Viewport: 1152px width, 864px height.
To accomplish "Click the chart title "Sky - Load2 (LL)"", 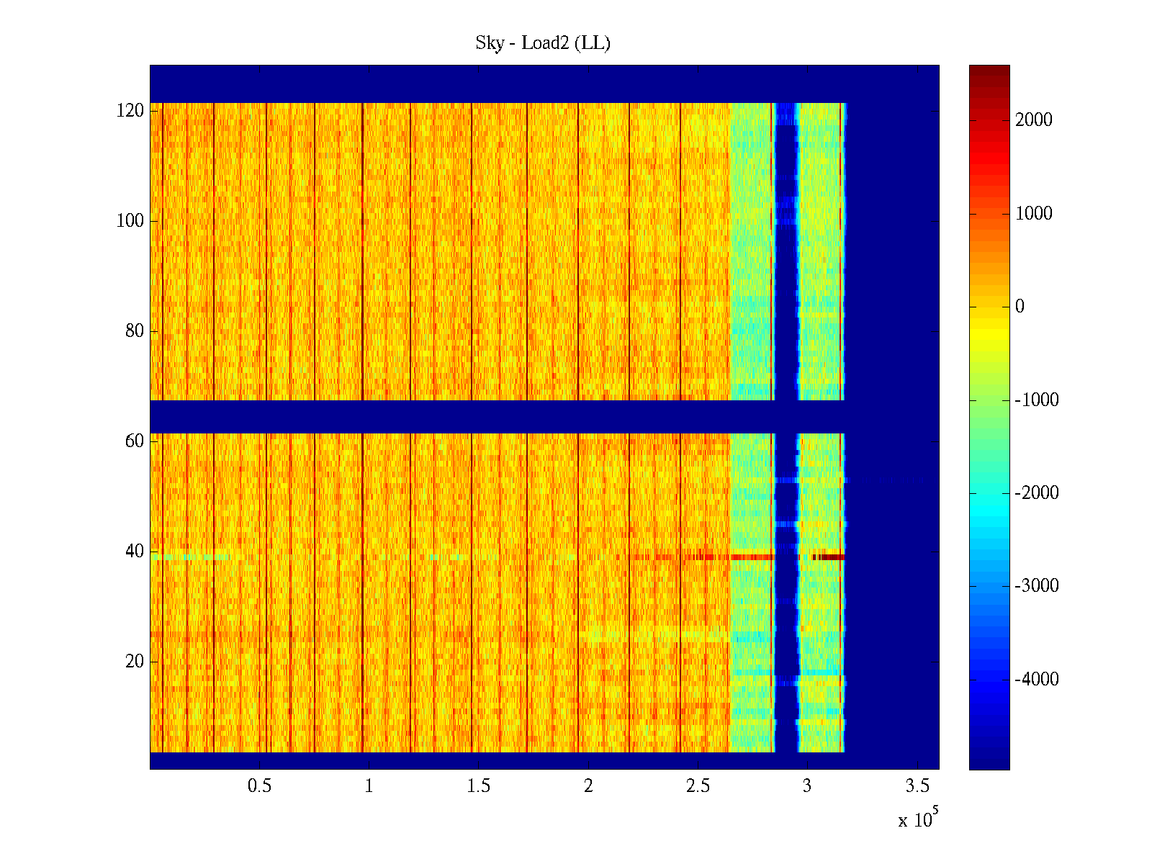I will click(x=543, y=43).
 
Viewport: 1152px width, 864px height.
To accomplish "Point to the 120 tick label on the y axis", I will click(x=130, y=111).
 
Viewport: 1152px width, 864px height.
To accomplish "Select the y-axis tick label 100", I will click(x=130, y=221).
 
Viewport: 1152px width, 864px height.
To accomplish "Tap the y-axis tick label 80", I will click(x=135, y=331).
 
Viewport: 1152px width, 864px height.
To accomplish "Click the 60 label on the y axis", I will click(x=135, y=441).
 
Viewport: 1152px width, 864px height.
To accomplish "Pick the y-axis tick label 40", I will click(x=135, y=552).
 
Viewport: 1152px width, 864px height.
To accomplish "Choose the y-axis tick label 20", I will click(x=135, y=662).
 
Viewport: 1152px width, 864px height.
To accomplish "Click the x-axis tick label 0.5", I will click(x=260, y=786).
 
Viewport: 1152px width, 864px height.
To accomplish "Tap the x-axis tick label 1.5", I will click(x=479, y=786).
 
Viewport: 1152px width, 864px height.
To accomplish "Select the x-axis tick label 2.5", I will click(x=698, y=786).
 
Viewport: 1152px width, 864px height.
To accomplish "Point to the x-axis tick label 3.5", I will click(x=917, y=786).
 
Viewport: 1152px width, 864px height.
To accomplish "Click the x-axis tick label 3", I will click(x=807, y=786).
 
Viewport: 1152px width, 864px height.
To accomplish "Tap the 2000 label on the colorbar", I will click(x=1034, y=120).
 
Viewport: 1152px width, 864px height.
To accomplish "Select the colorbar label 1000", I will click(x=1034, y=214).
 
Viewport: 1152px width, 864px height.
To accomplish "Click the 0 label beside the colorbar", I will click(x=1020, y=307).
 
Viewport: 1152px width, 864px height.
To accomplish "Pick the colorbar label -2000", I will click(x=1037, y=493).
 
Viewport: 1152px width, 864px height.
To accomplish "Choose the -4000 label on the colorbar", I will click(x=1037, y=680).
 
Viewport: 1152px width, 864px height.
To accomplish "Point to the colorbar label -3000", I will click(x=1037, y=586).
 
